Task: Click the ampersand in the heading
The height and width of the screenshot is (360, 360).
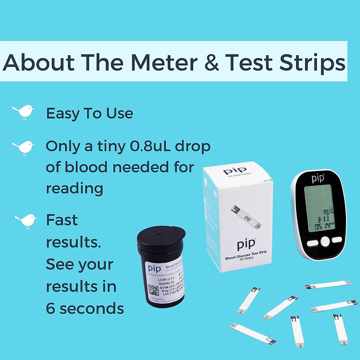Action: [212, 63]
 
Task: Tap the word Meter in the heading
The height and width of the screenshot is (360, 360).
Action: [164, 63]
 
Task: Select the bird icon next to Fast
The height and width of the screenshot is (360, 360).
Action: [26, 221]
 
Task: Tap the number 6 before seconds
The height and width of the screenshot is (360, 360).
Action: [50, 309]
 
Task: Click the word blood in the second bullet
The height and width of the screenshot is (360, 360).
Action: [86, 167]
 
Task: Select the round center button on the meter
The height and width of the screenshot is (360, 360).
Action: [325, 241]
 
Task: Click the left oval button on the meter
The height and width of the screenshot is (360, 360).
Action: [312, 243]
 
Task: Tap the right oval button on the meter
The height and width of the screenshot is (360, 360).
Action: [337, 240]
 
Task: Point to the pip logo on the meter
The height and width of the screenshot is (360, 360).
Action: [318, 178]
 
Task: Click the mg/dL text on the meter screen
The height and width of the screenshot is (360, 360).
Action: [328, 211]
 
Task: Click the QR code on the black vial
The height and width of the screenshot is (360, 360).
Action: [154, 290]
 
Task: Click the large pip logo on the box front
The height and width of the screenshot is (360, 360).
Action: [246, 244]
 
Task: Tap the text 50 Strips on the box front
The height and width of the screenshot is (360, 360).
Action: [246, 259]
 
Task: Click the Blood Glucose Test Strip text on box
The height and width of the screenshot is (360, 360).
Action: [246, 255]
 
